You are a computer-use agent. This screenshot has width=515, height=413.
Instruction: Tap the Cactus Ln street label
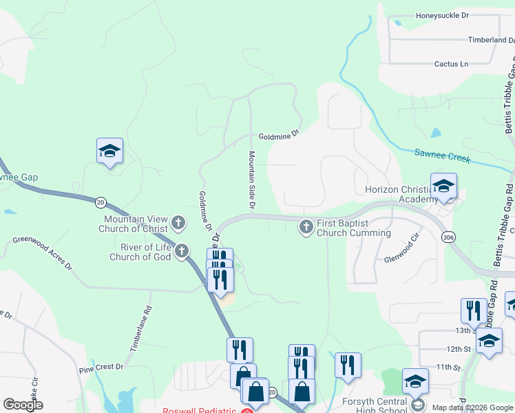tap(451, 64)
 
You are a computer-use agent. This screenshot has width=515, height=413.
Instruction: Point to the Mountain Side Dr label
tap(252, 180)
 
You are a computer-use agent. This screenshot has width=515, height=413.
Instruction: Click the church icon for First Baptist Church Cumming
tap(306, 226)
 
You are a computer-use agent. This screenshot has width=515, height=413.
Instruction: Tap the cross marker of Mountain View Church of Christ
tap(178, 222)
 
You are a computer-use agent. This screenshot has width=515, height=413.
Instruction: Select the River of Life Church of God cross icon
tap(182, 251)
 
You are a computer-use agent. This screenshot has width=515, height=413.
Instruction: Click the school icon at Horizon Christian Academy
tap(443, 186)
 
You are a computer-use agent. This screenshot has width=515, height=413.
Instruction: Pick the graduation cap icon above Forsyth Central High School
tap(415, 381)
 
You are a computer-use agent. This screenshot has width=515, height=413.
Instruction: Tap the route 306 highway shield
tap(449, 237)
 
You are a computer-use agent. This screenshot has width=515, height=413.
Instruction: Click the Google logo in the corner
tap(23, 405)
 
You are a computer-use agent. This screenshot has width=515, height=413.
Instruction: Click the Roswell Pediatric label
tap(200, 410)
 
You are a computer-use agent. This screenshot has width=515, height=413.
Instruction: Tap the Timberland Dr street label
tap(491, 40)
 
